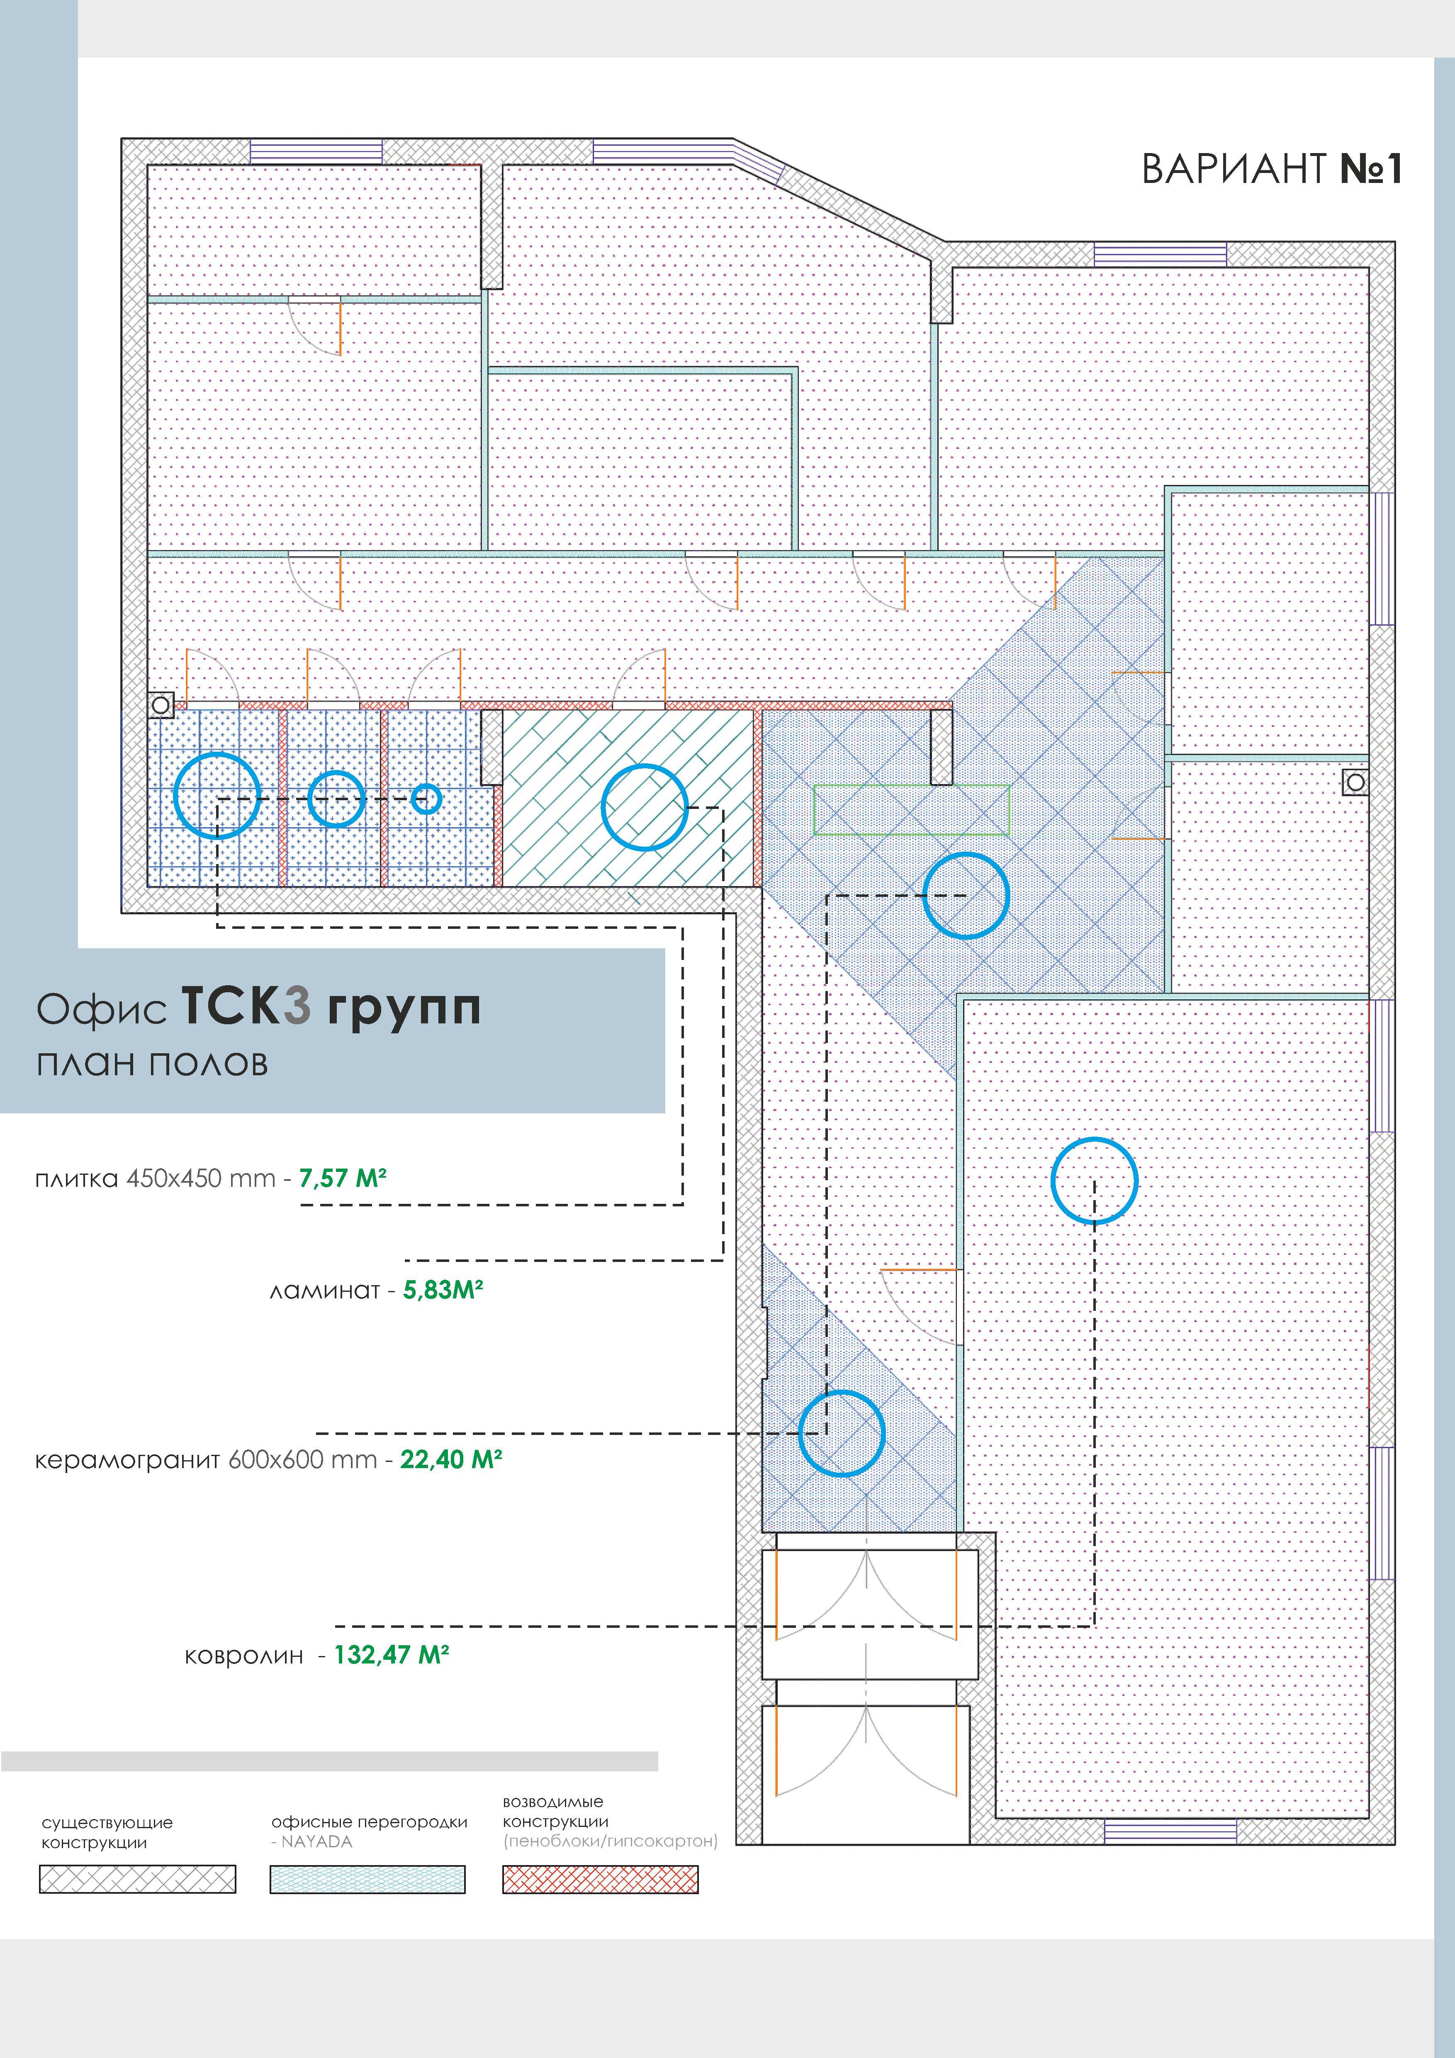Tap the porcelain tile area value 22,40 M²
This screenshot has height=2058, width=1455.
click(451, 1459)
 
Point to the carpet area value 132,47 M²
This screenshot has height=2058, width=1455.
click(392, 1655)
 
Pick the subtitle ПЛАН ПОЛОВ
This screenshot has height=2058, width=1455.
click(152, 1064)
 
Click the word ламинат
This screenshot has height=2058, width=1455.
click(324, 1292)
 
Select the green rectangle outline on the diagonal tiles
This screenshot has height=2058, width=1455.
click(911, 786)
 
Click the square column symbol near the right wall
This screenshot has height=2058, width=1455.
click(1355, 782)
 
